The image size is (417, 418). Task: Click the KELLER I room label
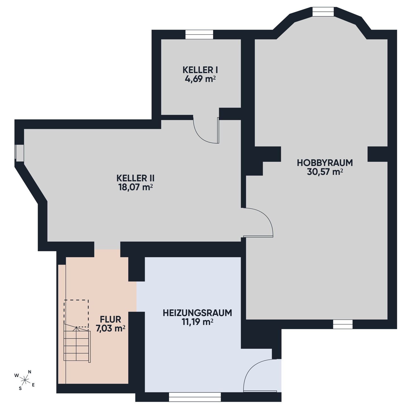pos(200,70)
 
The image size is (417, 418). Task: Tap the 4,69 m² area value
pos(200,79)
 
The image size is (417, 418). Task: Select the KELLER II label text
pos(136,178)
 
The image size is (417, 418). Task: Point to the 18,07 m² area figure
pos(136,187)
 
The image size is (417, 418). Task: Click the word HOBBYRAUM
pos(325,162)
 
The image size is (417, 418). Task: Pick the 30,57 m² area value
pos(325,172)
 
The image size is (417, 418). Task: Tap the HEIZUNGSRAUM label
pos(197,313)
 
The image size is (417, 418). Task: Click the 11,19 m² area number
pos(197,322)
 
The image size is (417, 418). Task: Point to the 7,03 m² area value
pos(110,329)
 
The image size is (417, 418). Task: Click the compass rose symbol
pos(25,380)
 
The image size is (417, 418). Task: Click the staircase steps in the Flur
pos(77,344)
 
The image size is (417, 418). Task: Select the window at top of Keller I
pos(199,35)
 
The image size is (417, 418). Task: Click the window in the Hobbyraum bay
pos(323,12)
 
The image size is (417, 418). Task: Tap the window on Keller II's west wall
pos(19,153)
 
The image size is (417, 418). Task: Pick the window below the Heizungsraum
pos(195,397)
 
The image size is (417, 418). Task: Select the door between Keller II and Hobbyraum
pos(258,222)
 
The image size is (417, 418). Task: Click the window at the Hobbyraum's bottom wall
pos(343,324)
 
